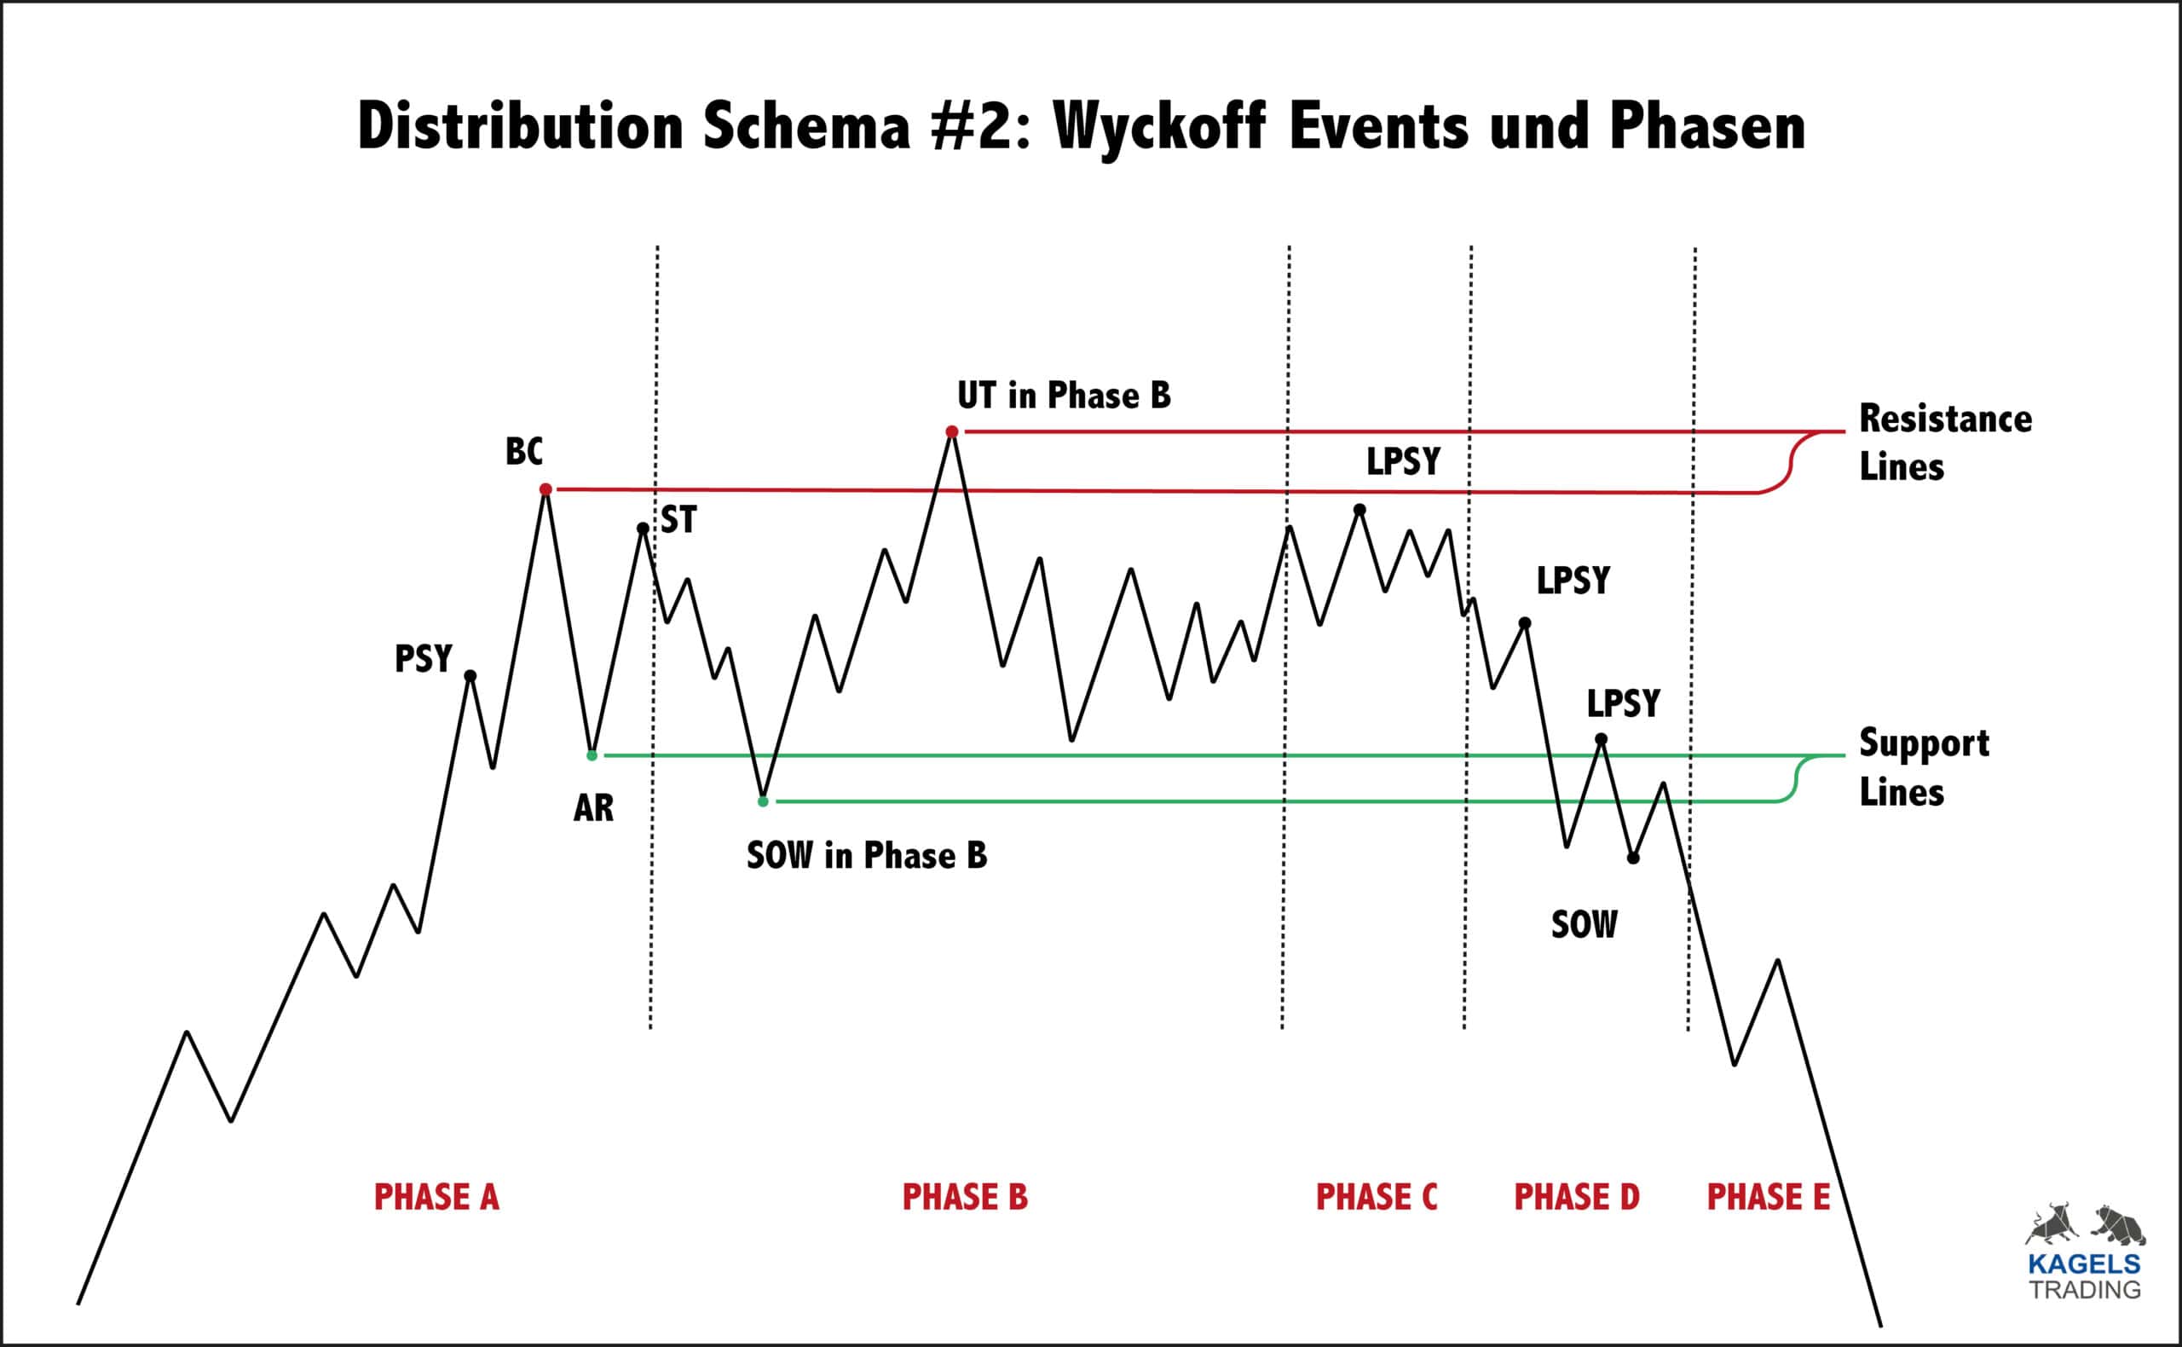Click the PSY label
point(423,659)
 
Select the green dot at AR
point(592,755)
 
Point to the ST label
point(678,520)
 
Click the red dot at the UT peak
point(952,432)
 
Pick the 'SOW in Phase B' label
point(867,855)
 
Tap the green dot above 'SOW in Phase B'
point(763,801)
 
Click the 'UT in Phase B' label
point(1064,396)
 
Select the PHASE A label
point(436,1197)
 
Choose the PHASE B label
point(965,1197)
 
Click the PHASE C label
point(1376,1197)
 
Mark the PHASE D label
point(1576,1197)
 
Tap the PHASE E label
point(1768,1197)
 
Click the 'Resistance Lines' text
point(1944,442)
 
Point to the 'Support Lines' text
point(1924,767)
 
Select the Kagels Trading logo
point(2085,1252)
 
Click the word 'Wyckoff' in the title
point(1158,126)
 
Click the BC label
point(523,452)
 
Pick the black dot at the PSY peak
point(471,676)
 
